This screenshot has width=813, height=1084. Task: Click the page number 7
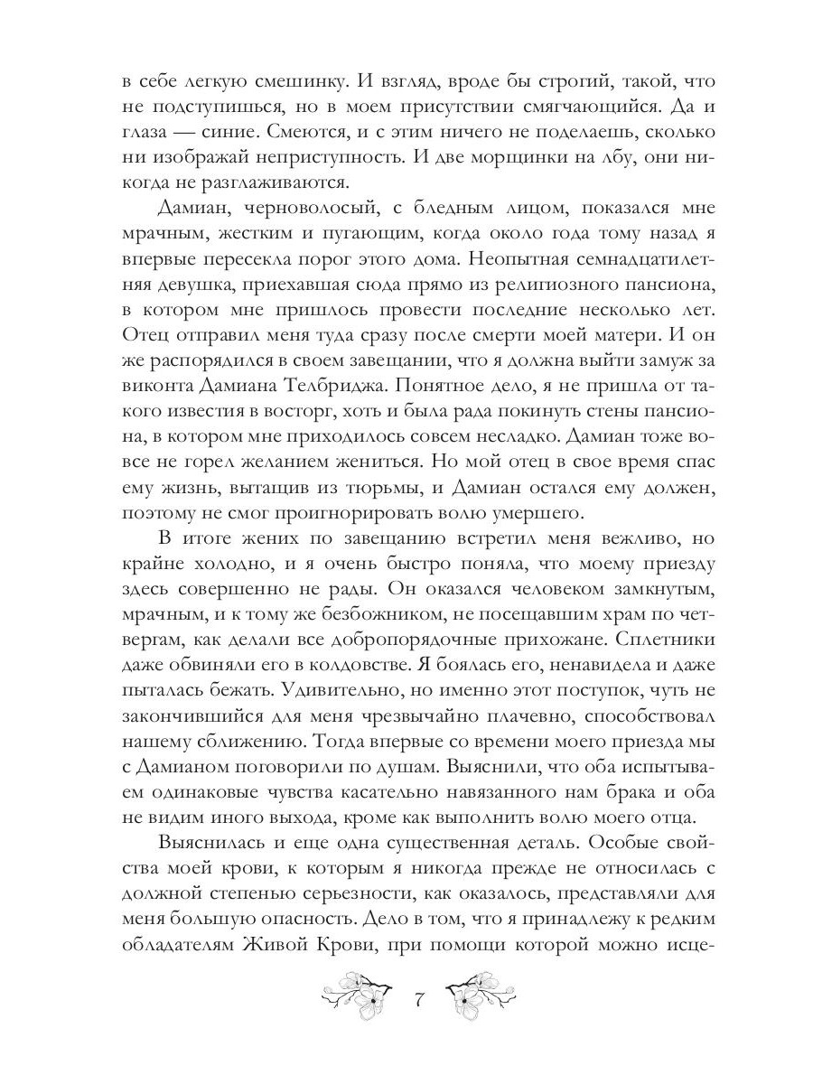418,1001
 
